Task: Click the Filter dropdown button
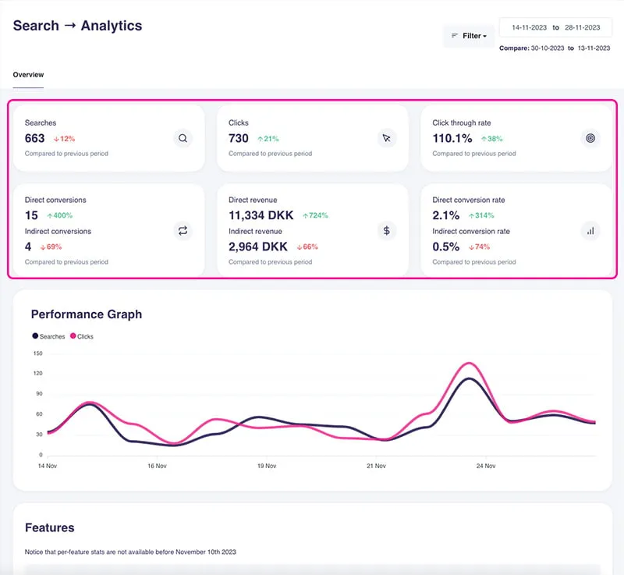tap(469, 36)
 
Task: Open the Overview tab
tap(29, 75)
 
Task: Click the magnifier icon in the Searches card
tap(183, 139)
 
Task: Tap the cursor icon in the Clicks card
tap(386, 139)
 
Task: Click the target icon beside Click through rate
tap(590, 139)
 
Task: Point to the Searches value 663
tap(35, 138)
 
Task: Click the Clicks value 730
tap(239, 138)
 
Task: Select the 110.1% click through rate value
tap(452, 138)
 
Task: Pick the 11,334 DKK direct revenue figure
tap(261, 215)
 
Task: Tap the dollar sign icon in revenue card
tap(386, 231)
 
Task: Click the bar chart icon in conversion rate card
tap(590, 231)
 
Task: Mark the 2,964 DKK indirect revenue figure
tap(258, 247)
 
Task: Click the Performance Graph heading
tap(87, 314)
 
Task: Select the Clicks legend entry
tap(82, 336)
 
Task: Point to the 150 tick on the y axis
tap(37, 353)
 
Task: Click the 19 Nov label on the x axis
tap(267, 466)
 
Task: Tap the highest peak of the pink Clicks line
tap(468, 363)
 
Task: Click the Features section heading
tap(50, 527)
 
